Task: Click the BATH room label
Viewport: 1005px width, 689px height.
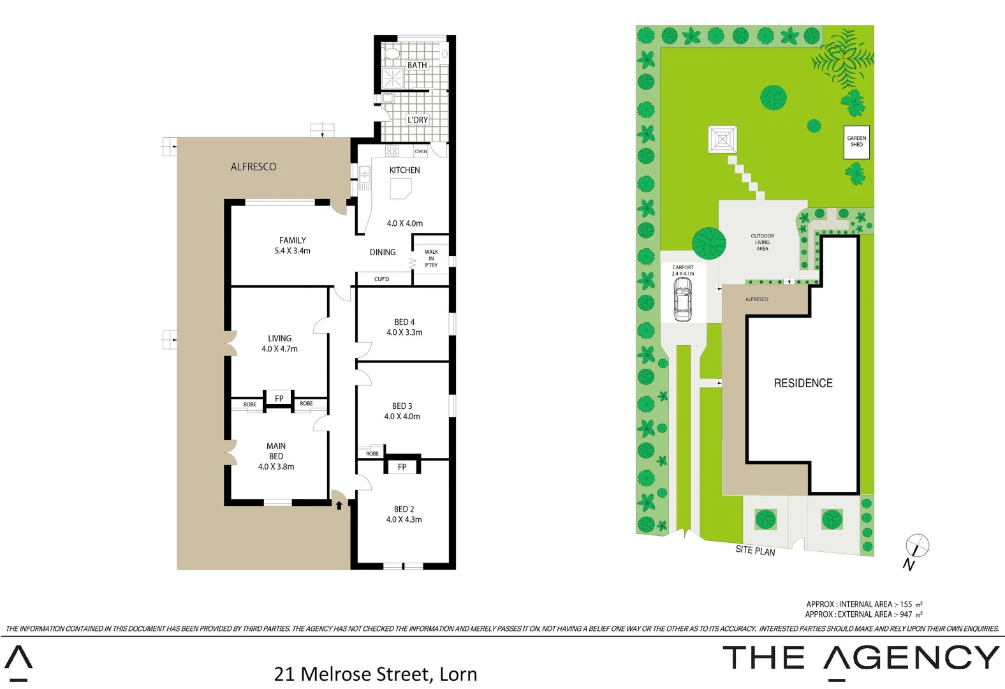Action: (417, 65)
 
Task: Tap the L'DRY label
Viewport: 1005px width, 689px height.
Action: (418, 120)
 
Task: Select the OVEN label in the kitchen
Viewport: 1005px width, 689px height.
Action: (421, 152)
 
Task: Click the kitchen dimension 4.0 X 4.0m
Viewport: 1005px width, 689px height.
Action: (405, 223)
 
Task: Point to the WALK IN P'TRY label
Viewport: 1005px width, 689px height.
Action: (432, 258)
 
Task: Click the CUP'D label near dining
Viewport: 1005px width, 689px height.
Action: (382, 279)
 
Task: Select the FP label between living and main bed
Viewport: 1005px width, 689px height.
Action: (279, 399)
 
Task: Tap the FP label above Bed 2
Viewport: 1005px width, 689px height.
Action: (402, 467)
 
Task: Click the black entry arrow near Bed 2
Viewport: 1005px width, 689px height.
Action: (339, 505)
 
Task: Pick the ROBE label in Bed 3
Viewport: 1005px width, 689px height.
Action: (372, 454)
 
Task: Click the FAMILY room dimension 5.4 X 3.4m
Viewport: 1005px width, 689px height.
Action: (293, 251)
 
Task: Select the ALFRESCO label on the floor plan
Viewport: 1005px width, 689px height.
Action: (254, 167)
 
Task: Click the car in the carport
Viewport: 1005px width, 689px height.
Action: (682, 299)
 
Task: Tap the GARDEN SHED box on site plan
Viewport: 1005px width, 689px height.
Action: (856, 142)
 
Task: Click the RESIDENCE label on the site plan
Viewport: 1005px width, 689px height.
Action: (803, 383)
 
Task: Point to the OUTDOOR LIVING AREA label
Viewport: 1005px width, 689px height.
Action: (762, 242)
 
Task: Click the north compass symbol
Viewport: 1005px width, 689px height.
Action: (916, 547)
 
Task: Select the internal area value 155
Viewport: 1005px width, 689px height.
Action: (906, 604)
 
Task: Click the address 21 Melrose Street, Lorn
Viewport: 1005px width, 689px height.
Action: (376, 674)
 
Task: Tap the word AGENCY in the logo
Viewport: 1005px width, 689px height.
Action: (911, 658)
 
